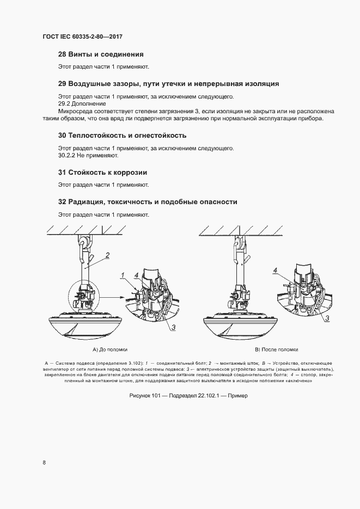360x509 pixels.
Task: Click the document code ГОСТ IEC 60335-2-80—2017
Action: click(x=83, y=36)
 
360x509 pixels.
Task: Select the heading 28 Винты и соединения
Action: click(x=101, y=54)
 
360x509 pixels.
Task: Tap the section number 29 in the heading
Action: click(x=62, y=84)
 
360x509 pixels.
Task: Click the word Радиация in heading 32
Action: click(x=86, y=201)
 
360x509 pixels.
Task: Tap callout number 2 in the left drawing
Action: click(x=108, y=255)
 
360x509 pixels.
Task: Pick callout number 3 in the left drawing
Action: click(x=173, y=326)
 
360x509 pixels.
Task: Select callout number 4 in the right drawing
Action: click(x=276, y=270)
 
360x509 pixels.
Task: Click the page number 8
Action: click(x=44, y=463)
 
